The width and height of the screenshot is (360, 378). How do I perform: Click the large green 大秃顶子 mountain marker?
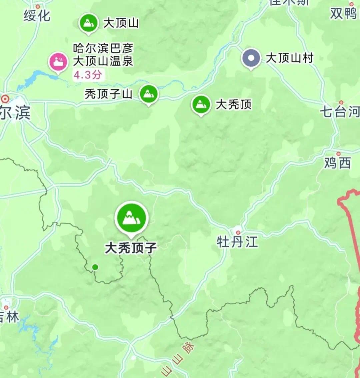131,218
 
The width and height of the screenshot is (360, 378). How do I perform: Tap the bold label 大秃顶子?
131,248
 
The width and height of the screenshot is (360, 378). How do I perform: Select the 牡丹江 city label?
237,242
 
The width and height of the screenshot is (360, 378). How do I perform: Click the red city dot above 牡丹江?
238,232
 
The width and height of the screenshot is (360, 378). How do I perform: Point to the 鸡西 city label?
337,163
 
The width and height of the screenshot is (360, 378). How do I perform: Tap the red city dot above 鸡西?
338,154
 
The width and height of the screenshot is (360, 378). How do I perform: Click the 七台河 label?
340,111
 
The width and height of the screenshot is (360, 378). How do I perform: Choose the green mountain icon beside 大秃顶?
201,104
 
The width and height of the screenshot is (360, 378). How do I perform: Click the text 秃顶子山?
109,94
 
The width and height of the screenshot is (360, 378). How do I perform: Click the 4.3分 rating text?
87,75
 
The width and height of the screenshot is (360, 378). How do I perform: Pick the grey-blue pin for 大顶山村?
251,58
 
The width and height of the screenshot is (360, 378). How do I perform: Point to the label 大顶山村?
290,58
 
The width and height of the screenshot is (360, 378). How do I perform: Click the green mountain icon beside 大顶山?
88,23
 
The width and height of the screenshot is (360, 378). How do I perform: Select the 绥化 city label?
37,16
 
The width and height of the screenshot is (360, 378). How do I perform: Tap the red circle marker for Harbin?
5,99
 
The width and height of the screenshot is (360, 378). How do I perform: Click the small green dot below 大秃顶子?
95,267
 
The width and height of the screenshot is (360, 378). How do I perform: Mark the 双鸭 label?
343,14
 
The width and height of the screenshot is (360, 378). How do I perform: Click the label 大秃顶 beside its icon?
234,105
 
